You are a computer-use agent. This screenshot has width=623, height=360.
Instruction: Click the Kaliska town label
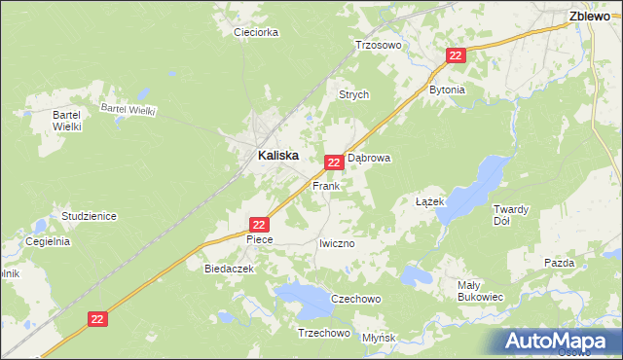click(x=277, y=155)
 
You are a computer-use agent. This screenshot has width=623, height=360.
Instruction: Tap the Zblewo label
click(x=590, y=16)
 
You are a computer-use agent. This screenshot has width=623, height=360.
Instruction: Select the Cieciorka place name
click(x=257, y=32)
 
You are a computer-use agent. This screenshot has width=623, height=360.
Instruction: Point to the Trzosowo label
click(x=378, y=45)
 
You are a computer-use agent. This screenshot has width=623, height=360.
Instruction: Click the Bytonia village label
click(x=448, y=90)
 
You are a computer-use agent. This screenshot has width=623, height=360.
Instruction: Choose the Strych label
click(x=353, y=94)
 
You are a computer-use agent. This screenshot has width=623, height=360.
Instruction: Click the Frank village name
click(x=325, y=185)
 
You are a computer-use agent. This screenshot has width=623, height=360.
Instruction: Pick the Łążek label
click(x=429, y=201)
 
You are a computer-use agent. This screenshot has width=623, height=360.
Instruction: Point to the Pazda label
click(x=560, y=263)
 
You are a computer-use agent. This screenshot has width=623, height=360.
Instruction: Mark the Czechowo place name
click(x=355, y=299)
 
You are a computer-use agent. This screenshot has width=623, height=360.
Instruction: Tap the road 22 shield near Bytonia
click(x=456, y=56)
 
